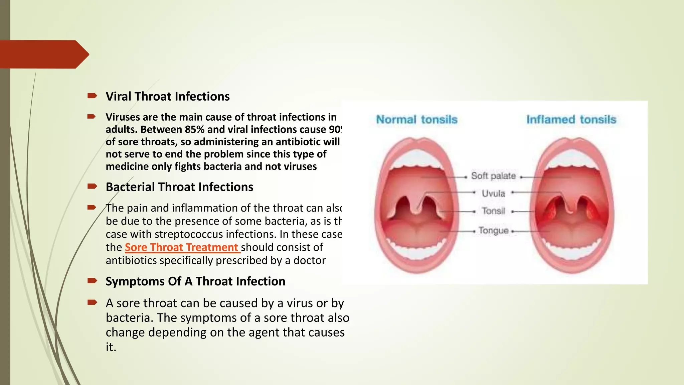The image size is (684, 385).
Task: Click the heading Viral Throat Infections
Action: pyautogui.click(x=168, y=97)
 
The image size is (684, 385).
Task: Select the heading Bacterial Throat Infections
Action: pyautogui.click(x=179, y=187)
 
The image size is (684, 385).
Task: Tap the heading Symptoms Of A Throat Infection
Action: pyautogui.click(x=195, y=281)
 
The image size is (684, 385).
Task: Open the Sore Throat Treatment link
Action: pyautogui.click(x=182, y=247)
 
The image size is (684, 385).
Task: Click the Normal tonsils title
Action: pyautogui.click(x=416, y=120)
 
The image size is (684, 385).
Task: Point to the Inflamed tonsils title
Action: pyautogui.click(x=571, y=120)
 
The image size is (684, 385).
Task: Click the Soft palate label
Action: pyautogui.click(x=493, y=176)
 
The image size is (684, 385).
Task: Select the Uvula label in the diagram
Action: pyautogui.click(x=493, y=194)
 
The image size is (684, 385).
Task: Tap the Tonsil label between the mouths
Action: pyautogui.click(x=493, y=211)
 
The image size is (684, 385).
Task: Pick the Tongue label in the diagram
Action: pyautogui.click(x=493, y=231)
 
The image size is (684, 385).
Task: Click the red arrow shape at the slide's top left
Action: pyautogui.click(x=43, y=54)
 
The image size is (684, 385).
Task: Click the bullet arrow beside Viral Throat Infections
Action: pyautogui.click(x=92, y=96)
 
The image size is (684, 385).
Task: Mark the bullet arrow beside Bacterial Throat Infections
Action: pyautogui.click(x=92, y=186)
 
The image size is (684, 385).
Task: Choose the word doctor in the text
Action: pyautogui.click(x=309, y=260)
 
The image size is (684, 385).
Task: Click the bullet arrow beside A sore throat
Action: pyautogui.click(x=92, y=302)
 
